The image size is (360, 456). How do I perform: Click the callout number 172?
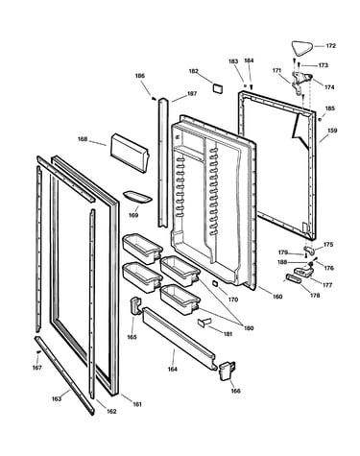330,46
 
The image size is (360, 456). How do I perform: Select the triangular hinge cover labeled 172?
301,48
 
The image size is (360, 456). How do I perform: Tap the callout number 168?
83,139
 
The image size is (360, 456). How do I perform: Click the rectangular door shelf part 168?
130,154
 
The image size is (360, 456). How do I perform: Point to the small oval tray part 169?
136,197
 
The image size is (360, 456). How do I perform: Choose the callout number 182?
194,71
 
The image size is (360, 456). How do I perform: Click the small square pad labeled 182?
218,88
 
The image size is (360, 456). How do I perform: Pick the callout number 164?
173,369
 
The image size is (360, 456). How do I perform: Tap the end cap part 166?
227,371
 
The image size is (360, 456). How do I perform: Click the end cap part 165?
135,305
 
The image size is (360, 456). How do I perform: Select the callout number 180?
249,328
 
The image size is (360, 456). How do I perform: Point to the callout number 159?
332,131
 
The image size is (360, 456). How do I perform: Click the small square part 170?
215,283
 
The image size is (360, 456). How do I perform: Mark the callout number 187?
192,94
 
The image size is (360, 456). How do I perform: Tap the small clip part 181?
204,322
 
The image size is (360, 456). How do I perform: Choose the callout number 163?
57,398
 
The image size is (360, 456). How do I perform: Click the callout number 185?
329,108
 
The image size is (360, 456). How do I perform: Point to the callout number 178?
315,296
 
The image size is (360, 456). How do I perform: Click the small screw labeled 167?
38,352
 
